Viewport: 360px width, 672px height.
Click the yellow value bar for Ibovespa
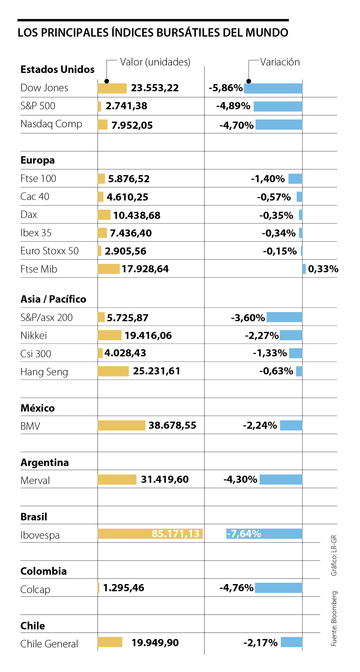(150, 534)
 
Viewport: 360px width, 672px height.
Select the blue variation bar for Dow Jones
(273, 88)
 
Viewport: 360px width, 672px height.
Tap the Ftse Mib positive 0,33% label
(323, 269)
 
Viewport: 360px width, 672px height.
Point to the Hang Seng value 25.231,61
(157, 371)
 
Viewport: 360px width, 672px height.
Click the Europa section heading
(37, 160)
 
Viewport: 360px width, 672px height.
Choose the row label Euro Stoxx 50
(49, 251)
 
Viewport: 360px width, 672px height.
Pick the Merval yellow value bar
(117, 480)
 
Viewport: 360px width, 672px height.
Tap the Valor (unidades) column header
(155, 62)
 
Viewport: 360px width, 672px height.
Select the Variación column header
(280, 62)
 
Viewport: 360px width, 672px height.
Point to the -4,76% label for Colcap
(236, 588)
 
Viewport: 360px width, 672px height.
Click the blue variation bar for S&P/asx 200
(284, 317)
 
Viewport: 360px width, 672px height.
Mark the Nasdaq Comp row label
(51, 124)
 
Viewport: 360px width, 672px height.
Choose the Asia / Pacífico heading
(53, 299)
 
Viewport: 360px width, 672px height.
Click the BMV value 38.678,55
(172, 425)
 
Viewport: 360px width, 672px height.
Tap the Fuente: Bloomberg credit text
(334, 619)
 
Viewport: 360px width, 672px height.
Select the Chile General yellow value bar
(110, 642)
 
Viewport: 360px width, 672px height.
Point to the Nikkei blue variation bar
(291, 335)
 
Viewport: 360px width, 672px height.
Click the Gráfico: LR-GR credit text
(334, 555)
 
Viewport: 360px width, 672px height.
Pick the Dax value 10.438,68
(137, 215)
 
